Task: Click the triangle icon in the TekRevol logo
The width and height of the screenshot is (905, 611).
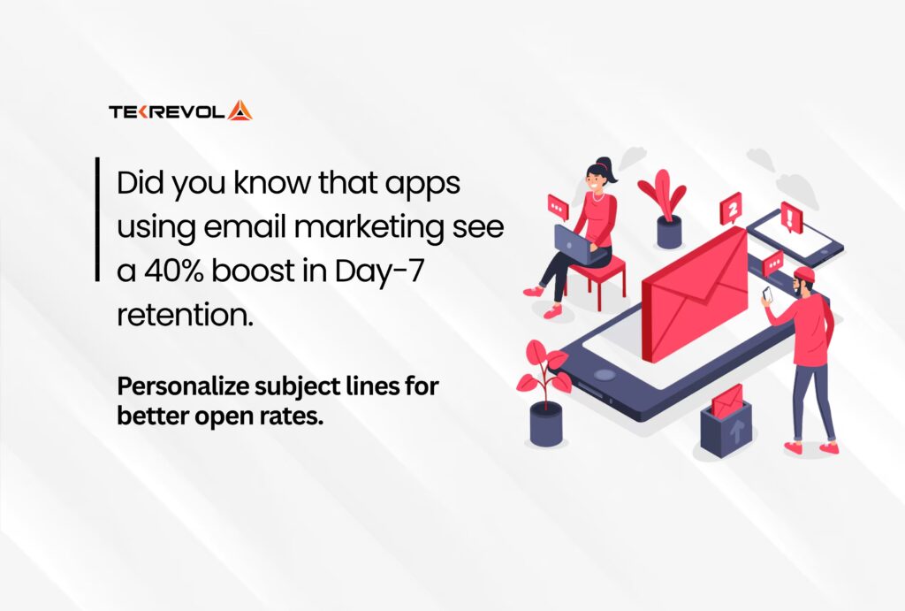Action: (240, 111)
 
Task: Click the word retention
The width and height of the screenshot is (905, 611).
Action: (185, 315)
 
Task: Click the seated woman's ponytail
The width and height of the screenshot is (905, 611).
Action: (611, 169)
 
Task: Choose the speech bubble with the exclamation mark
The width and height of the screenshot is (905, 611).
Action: (791, 218)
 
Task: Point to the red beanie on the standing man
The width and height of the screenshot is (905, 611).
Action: (804, 274)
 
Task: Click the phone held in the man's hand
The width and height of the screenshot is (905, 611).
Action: (767, 294)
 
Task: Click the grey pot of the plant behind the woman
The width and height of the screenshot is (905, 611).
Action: (669, 231)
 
